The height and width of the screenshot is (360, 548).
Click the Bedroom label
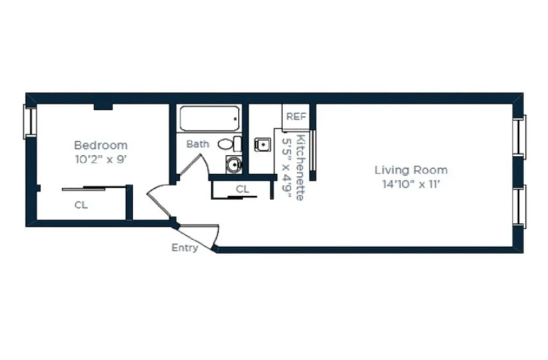(100, 145)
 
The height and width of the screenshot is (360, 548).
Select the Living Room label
(411, 170)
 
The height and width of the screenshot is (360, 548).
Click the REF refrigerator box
(296, 117)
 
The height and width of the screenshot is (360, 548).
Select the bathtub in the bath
(209, 118)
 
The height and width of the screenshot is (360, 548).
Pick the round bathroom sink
(233, 165)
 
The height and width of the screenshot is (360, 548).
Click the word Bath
(198, 144)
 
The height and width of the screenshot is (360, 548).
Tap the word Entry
(185, 248)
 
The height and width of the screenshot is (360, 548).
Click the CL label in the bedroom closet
(81, 205)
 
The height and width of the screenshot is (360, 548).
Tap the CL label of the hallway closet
(242, 189)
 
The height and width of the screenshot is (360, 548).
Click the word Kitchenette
(300, 167)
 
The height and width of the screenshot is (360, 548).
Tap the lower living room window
(520, 207)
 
